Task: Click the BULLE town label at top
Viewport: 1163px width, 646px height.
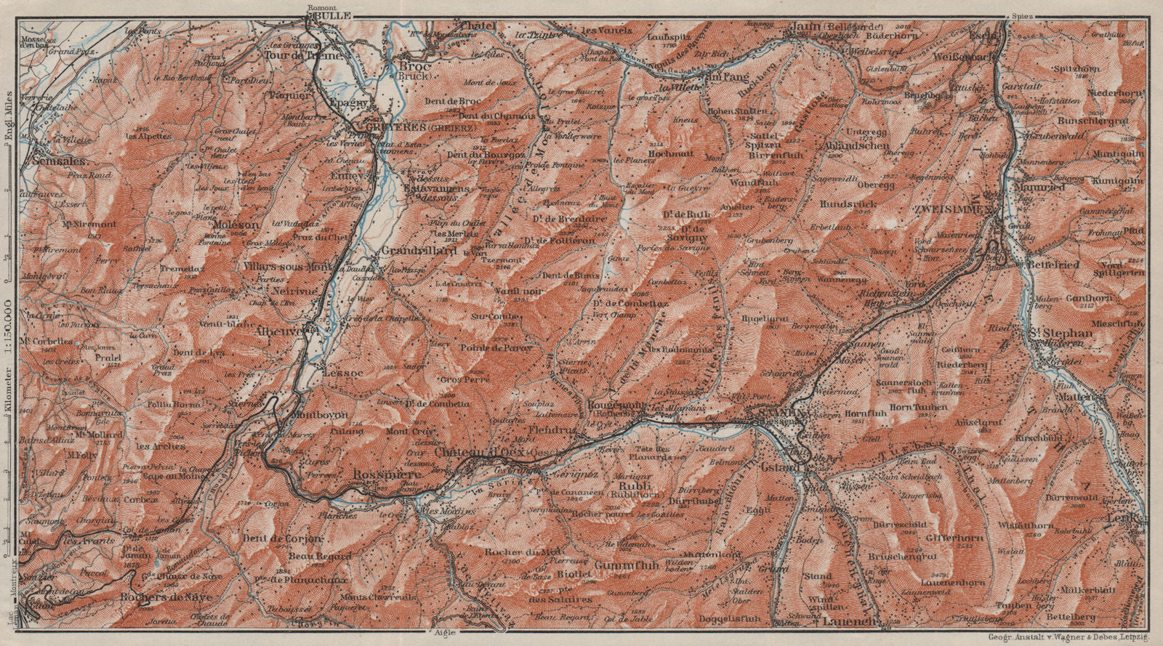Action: (336, 15)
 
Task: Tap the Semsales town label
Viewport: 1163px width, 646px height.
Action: (60, 161)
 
